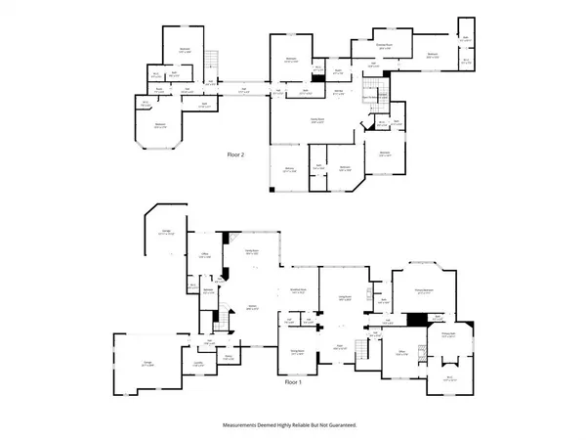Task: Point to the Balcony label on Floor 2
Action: (289, 170)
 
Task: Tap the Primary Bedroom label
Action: (424, 290)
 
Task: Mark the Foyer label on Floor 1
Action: (341, 345)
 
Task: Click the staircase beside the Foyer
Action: (363, 346)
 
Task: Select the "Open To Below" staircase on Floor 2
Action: (370, 96)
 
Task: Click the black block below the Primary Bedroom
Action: (417, 318)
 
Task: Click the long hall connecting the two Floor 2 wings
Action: (244, 91)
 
